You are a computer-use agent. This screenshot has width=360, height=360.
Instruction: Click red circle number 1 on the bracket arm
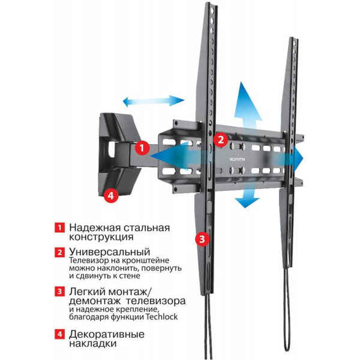(x=142, y=148)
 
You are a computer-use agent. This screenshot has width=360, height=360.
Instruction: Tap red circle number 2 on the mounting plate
(x=221, y=139)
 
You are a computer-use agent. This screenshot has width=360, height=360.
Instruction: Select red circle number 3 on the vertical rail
(x=202, y=239)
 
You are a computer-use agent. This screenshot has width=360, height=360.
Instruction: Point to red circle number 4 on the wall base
(x=111, y=196)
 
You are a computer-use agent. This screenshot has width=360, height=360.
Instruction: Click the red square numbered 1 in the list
(x=59, y=227)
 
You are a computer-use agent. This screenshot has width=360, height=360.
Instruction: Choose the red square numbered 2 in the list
(x=59, y=252)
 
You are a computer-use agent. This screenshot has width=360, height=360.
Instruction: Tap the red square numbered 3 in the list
(x=59, y=292)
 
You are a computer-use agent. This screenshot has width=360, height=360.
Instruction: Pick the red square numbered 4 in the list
(x=59, y=334)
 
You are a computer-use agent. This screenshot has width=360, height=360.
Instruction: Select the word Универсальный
(x=110, y=252)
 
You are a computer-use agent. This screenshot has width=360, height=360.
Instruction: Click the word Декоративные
(x=107, y=334)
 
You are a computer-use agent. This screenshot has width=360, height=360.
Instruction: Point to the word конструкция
(x=101, y=237)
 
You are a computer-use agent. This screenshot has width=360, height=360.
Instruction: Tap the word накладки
(x=93, y=343)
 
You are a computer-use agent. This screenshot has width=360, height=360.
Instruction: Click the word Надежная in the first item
(x=95, y=228)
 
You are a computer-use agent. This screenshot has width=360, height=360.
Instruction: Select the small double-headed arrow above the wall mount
(x=154, y=101)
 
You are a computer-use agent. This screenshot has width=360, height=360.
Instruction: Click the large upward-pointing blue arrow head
(x=248, y=101)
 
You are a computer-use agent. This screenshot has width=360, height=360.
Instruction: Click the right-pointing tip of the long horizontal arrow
(x=303, y=158)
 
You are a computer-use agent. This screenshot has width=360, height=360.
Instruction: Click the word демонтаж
(x=95, y=301)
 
